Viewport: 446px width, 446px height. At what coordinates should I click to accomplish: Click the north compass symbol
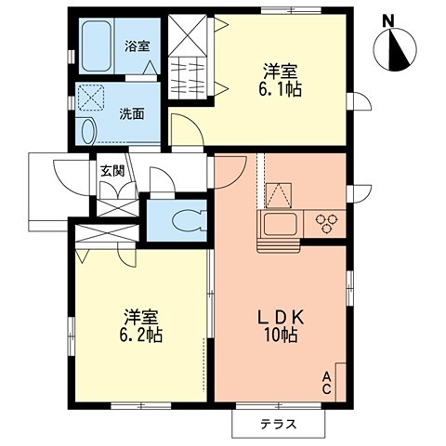(x=397, y=49)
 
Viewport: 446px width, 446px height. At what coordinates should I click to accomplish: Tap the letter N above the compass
(x=390, y=19)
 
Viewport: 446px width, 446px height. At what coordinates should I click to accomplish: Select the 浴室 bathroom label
(x=138, y=44)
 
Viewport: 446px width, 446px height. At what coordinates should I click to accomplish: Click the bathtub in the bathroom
(x=97, y=47)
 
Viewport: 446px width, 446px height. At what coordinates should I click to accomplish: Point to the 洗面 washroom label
(x=133, y=114)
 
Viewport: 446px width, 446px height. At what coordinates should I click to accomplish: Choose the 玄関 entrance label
(x=111, y=169)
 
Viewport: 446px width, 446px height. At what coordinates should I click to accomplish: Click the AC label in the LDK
(x=327, y=382)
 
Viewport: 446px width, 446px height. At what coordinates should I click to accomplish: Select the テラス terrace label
(x=278, y=424)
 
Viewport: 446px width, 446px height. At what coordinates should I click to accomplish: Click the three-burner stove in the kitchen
(x=328, y=222)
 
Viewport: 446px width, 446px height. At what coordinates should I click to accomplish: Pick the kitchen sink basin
(x=277, y=223)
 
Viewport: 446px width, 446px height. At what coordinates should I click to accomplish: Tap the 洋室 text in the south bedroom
(x=139, y=314)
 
